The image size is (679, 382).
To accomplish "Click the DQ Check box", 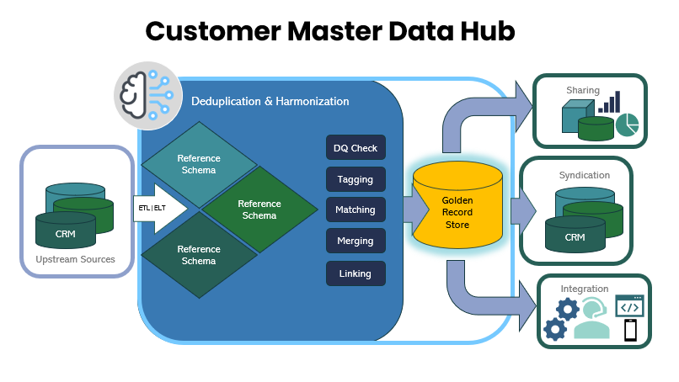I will [x=356, y=148].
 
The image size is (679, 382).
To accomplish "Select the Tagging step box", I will [x=356, y=179].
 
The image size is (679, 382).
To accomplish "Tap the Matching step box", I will [x=356, y=210].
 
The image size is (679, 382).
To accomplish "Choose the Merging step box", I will [x=356, y=241].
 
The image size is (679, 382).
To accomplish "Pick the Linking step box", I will [x=356, y=273].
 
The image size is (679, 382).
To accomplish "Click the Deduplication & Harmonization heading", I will [x=270, y=101].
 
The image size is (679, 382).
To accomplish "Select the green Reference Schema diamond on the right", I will [x=259, y=210].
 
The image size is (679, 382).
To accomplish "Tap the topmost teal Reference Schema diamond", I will [x=199, y=164].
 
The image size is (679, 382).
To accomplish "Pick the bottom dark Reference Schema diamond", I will [x=199, y=255].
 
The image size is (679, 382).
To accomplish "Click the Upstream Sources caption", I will [x=76, y=259].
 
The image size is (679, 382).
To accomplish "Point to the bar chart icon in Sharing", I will [x=609, y=102].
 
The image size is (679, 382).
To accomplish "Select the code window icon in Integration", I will [x=629, y=305].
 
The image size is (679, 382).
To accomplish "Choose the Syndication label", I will [x=584, y=175].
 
